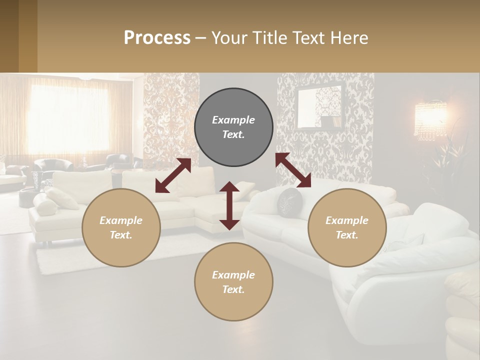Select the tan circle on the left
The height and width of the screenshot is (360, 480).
tap(121, 227)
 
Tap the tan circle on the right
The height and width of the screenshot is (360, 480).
tap(347, 227)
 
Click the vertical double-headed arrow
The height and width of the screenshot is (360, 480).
tap(229, 205)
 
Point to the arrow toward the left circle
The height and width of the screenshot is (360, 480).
tap(173, 175)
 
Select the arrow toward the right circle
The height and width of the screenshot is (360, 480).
tap(293, 170)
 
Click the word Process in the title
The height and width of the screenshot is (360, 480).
tap(157, 38)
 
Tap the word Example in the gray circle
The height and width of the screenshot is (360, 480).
tap(233, 120)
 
